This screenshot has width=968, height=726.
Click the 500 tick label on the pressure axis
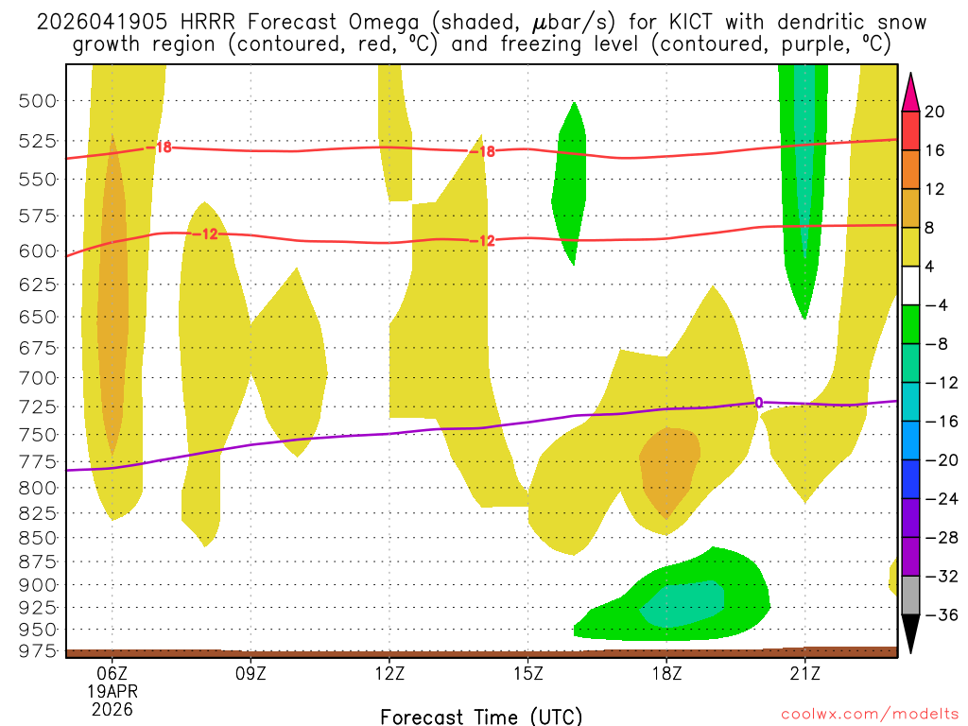pos(39,101)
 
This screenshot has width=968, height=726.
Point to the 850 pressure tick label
pos(39,537)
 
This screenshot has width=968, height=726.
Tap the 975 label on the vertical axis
pos(39,651)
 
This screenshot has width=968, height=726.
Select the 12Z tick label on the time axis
pos(389,674)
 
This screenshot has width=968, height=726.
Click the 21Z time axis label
pos(804,674)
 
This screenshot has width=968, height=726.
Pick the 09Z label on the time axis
pos(251,674)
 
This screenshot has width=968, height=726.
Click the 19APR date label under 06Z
pos(112,691)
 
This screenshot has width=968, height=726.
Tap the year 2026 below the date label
pos(112,708)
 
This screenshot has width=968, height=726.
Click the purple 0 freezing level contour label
pos(758,403)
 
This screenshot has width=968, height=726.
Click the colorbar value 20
pos(935,112)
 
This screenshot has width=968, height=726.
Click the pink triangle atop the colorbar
pos(911,91)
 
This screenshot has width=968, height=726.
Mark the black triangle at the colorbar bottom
pos(911,635)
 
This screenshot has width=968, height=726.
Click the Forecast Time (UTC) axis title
pos(481,716)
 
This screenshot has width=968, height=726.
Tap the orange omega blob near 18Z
pos(669,470)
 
